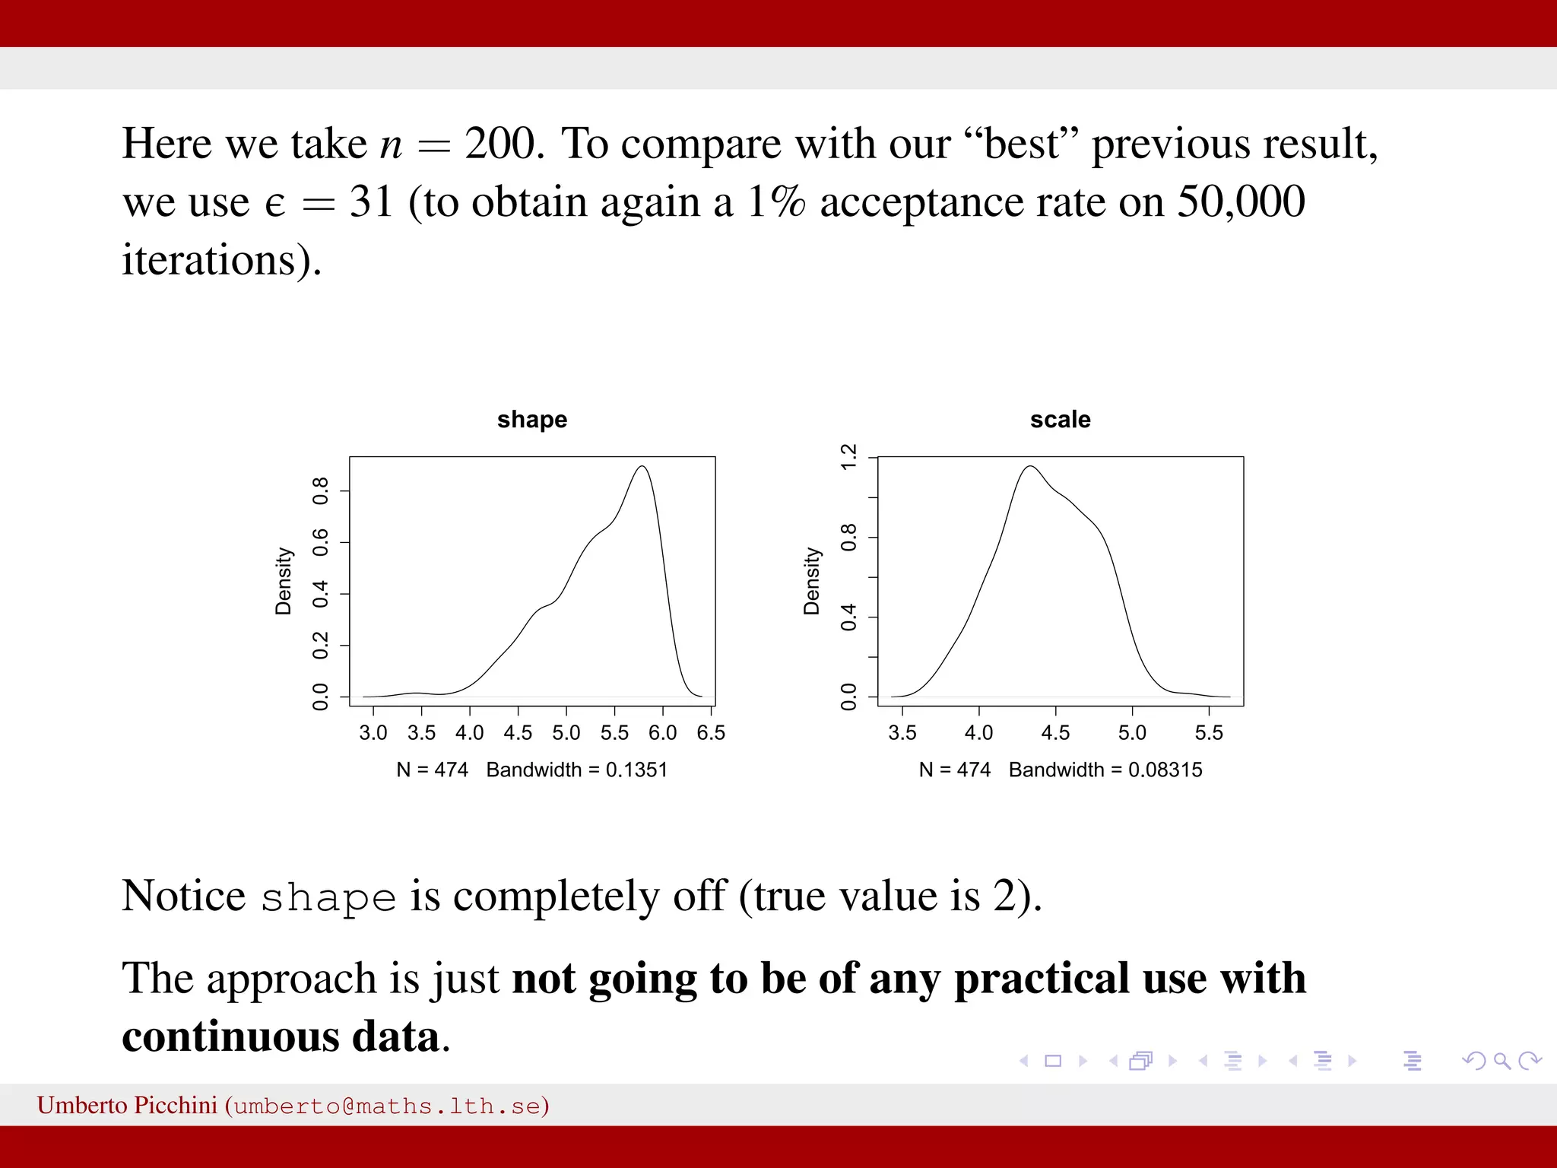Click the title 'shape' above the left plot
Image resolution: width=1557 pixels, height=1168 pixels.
coord(531,420)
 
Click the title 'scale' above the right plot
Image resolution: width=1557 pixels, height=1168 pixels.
coord(1060,420)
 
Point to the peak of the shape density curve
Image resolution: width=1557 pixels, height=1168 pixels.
coord(642,467)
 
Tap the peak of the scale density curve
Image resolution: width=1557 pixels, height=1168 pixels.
coord(1031,467)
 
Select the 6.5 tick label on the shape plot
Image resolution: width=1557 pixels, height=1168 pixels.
coord(710,733)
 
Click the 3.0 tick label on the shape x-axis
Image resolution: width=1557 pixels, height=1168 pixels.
coord(373,733)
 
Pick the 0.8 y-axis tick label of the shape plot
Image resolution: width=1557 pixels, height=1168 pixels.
coord(321,491)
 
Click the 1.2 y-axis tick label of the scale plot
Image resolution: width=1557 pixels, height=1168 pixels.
coord(849,457)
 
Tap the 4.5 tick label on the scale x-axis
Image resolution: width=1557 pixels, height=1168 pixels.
coord(1055,733)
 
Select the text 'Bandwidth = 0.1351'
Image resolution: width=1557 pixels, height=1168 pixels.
coord(576,770)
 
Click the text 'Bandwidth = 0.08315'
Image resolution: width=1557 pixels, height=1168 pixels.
coord(1105,770)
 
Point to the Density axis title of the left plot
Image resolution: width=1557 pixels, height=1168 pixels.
coord(284,581)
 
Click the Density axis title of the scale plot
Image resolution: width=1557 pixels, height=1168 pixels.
coord(812,581)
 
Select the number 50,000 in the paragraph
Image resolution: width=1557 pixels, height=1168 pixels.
coord(1241,202)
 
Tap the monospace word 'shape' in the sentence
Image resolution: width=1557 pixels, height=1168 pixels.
coord(328,898)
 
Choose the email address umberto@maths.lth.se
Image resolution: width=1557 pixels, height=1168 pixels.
coord(387,1106)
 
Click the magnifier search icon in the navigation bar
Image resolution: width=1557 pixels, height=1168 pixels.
coord(1502,1061)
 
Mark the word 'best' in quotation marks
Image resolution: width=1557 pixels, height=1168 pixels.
coord(1021,144)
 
